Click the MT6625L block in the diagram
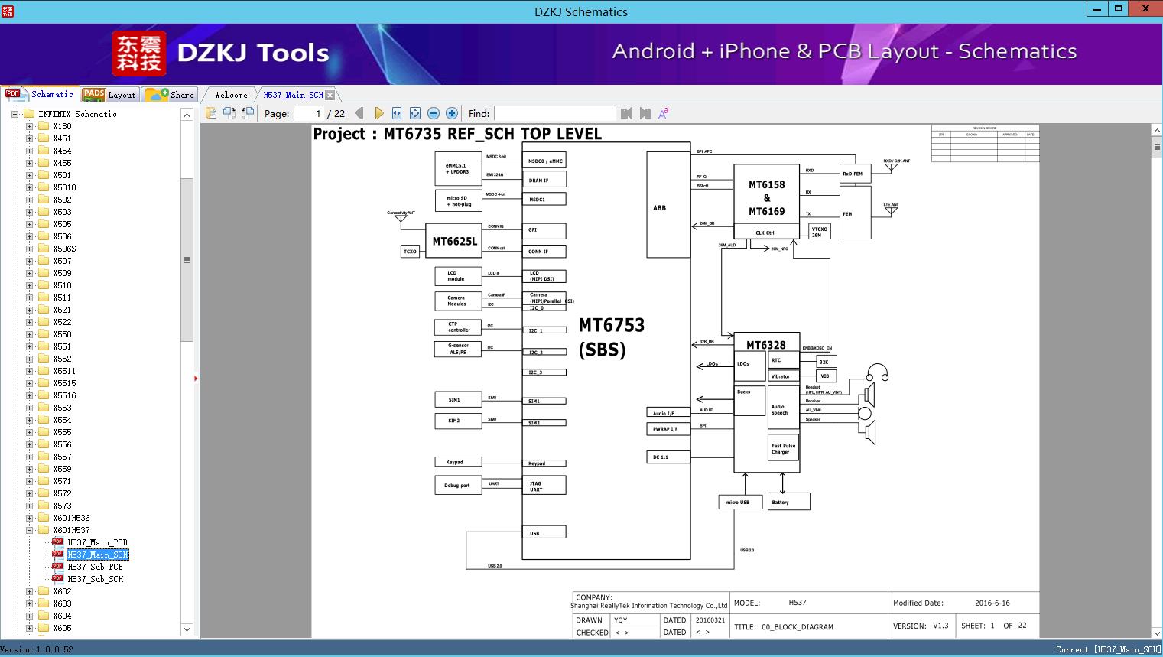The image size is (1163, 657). pyautogui.click(x=455, y=241)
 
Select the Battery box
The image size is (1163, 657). pyautogui.click(x=788, y=502)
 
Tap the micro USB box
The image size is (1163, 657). pyautogui.click(x=739, y=502)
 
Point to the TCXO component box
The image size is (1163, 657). pyautogui.click(x=411, y=251)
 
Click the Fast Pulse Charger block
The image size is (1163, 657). pyautogui.click(x=783, y=449)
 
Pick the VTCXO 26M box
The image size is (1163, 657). pyautogui.click(x=819, y=232)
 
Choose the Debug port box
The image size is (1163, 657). pyautogui.click(x=457, y=485)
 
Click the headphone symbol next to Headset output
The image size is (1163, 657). pyautogui.click(x=877, y=373)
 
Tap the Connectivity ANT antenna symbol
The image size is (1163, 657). pyautogui.click(x=400, y=219)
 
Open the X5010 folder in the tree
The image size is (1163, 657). pyautogui.click(x=64, y=187)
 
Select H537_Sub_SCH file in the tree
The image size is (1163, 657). pyautogui.click(x=95, y=579)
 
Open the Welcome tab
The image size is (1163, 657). pyautogui.click(x=231, y=95)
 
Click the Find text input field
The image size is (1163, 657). pyautogui.click(x=554, y=113)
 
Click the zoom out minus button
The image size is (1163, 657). pyautogui.click(x=434, y=113)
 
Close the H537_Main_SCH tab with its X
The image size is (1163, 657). pyautogui.click(x=330, y=95)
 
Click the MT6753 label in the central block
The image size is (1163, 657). pyautogui.click(x=612, y=325)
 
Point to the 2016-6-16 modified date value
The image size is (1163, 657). pyautogui.click(x=992, y=603)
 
